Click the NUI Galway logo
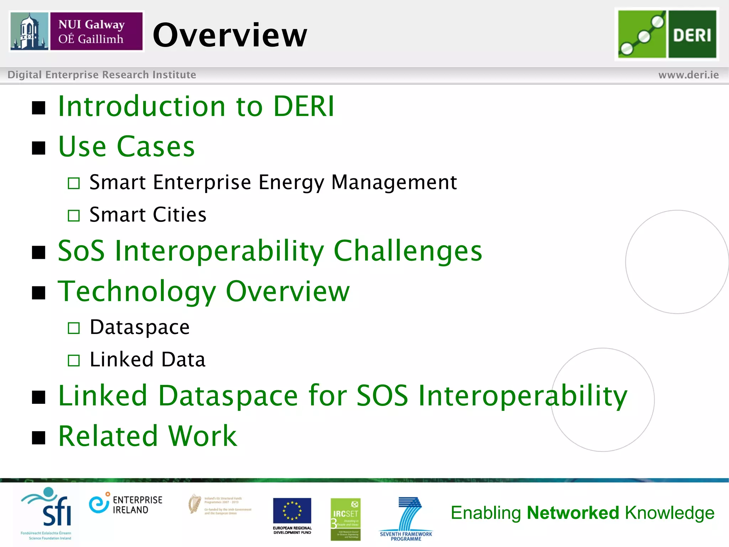[x=77, y=31]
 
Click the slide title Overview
[x=230, y=35]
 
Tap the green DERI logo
[x=667, y=34]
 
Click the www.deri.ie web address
[x=688, y=75]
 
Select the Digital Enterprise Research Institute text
[x=102, y=75]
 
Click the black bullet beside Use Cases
[x=38, y=148]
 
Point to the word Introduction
[x=142, y=106]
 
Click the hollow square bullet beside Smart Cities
[x=74, y=215]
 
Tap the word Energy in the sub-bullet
[x=291, y=182]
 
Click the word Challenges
[x=408, y=251]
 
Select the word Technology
[x=137, y=291]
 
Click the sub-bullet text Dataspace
[x=140, y=327]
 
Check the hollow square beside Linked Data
[x=74, y=360]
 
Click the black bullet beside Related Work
[x=38, y=438]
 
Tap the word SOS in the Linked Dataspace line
[x=382, y=395]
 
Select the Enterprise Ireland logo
[x=125, y=504]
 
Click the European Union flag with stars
[x=292, y=510]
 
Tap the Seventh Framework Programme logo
[x=406, y=519]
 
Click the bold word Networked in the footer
[x=573, y=513]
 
